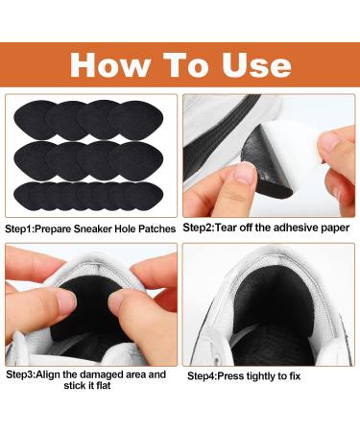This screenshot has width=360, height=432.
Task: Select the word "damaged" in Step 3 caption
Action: [x=112, y=373]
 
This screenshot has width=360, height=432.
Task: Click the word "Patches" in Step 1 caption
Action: [x=155, y=229]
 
